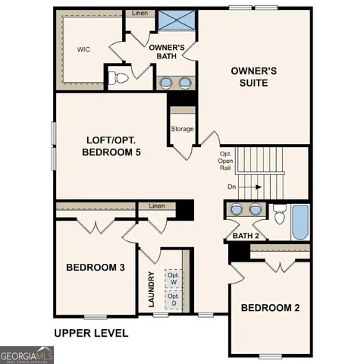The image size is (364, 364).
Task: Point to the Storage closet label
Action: point(182,129)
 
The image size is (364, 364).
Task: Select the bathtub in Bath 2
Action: point(300,221)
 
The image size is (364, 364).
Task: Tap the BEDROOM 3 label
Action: point(96,268)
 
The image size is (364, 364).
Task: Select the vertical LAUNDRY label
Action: point(152,290)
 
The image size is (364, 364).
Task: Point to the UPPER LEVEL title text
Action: point(90,333)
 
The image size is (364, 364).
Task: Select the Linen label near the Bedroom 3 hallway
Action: point(156,206)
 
